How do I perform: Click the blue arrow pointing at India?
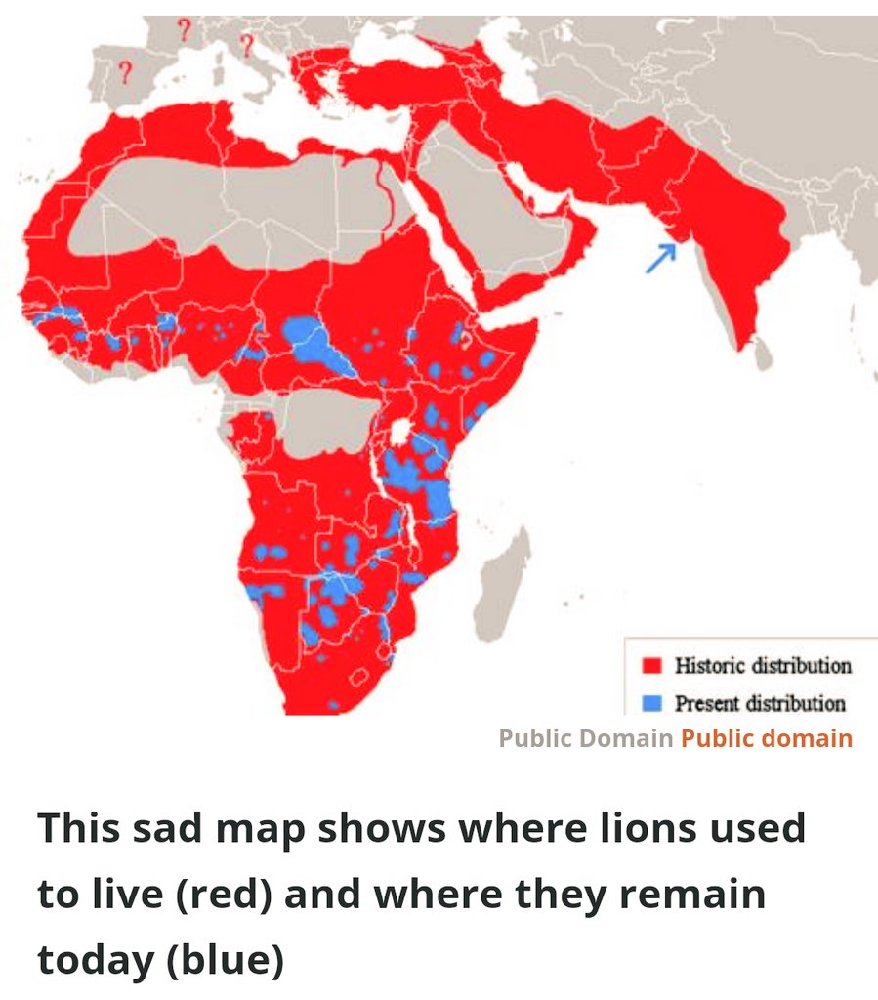661,258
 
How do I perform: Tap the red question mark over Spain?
124,71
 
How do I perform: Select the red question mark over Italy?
246,45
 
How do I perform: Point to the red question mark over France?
183,29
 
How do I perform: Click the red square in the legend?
652,666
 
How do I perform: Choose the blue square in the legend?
652,703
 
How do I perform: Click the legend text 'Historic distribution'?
762,666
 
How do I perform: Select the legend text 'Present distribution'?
760,703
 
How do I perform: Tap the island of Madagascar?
504,586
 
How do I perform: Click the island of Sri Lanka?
763,355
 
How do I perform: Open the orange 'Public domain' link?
766,738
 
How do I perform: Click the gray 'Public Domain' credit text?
585,738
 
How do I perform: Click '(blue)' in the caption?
224,960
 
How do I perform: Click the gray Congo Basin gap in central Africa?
322,420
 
